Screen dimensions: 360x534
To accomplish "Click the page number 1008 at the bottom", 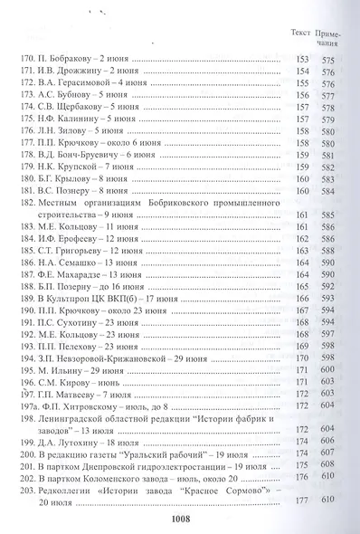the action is point(178,518).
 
